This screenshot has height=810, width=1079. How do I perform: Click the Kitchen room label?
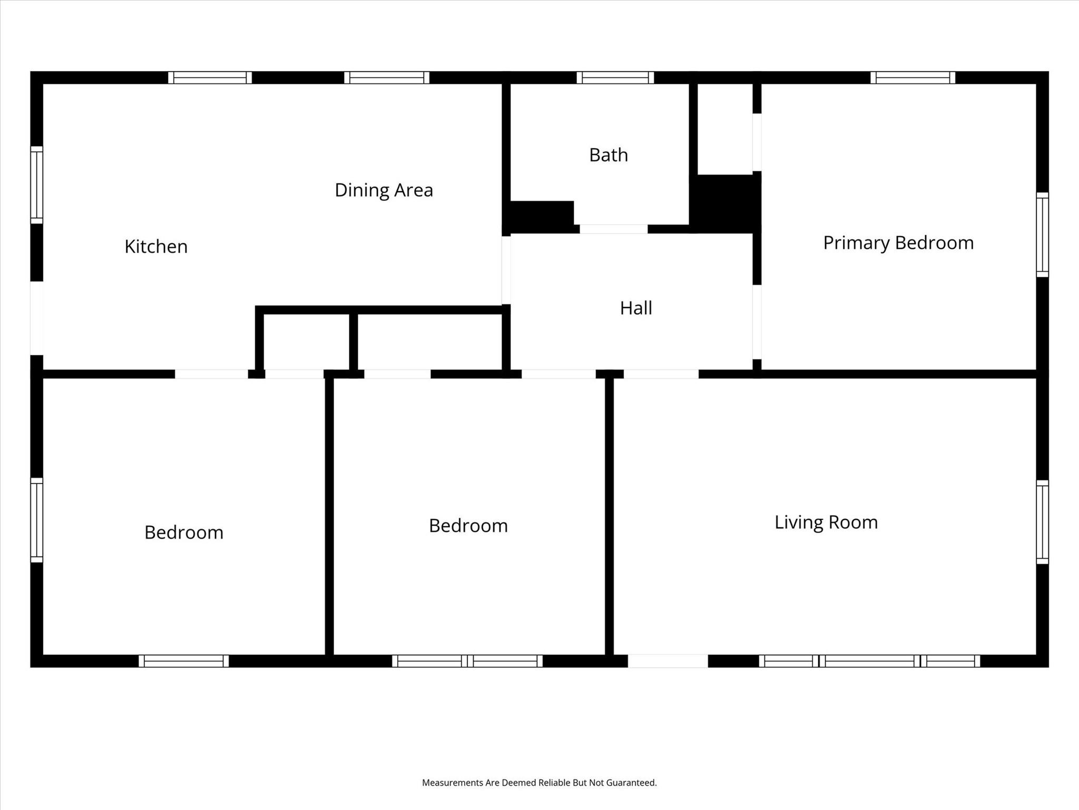156,246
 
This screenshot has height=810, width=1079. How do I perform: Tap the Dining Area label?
384,190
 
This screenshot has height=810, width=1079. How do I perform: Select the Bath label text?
609,155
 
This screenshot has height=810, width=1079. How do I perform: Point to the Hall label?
636,308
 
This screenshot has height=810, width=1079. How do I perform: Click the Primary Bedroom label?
898,243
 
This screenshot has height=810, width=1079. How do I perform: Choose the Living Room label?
826,522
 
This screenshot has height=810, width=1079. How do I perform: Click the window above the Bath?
615,78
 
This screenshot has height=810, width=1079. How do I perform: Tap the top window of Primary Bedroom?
913,78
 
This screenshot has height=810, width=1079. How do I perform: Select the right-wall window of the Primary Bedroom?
1042,235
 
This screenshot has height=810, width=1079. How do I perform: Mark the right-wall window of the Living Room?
1042,522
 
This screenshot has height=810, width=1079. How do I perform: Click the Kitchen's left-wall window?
36,185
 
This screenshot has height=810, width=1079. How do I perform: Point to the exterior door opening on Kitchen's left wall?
36,318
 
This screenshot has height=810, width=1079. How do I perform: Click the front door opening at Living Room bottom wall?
668,661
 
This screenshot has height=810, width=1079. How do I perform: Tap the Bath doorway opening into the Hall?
613,229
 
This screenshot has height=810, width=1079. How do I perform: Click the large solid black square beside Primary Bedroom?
726,203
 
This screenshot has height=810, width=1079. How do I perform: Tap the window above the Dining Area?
387,78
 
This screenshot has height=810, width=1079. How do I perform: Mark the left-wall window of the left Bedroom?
36,520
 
